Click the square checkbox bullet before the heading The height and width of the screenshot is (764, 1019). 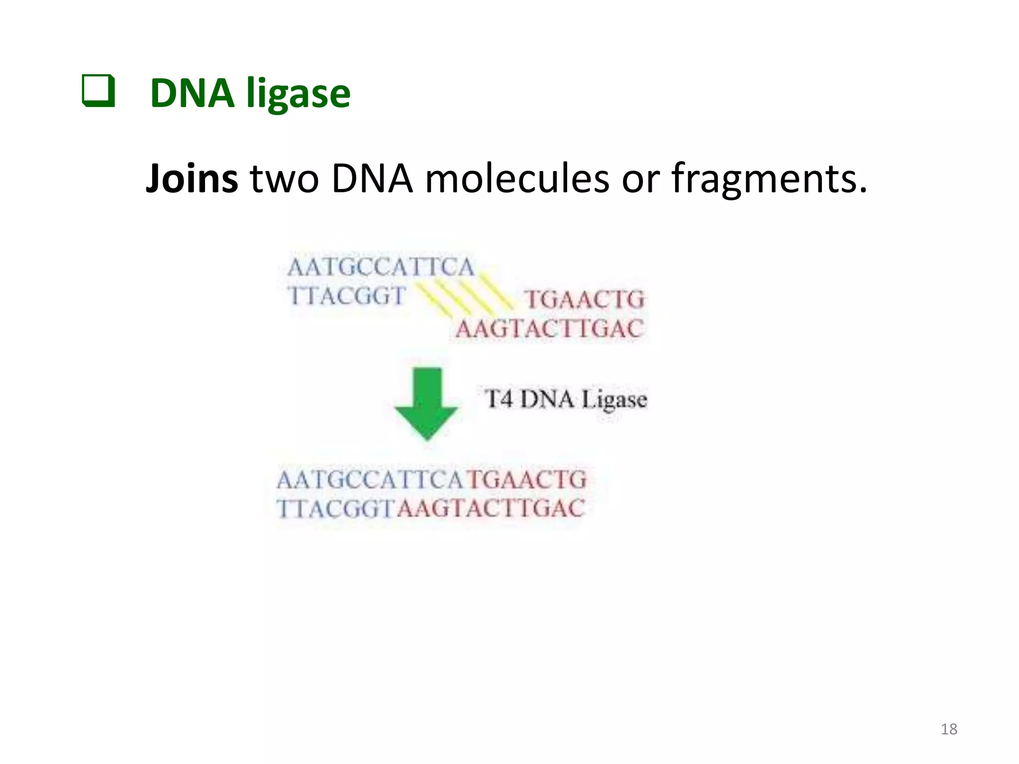98,91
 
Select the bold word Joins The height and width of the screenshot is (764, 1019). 192,178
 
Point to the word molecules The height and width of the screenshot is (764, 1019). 517,178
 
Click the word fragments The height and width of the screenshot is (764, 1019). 769,178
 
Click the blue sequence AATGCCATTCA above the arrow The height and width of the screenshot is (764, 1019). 381,268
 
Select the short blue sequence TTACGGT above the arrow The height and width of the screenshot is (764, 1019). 347,296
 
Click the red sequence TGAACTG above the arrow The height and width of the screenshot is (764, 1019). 585,300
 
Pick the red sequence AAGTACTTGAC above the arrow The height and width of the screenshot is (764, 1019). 549,329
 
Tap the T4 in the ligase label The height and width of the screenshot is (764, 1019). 499,399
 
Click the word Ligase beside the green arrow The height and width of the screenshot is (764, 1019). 614,400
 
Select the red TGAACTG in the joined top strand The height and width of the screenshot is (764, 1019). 526,480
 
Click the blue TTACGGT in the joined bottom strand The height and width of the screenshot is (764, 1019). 336,509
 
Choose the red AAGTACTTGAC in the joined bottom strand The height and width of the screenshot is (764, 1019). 491,509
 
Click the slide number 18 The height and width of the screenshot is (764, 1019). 949,729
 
